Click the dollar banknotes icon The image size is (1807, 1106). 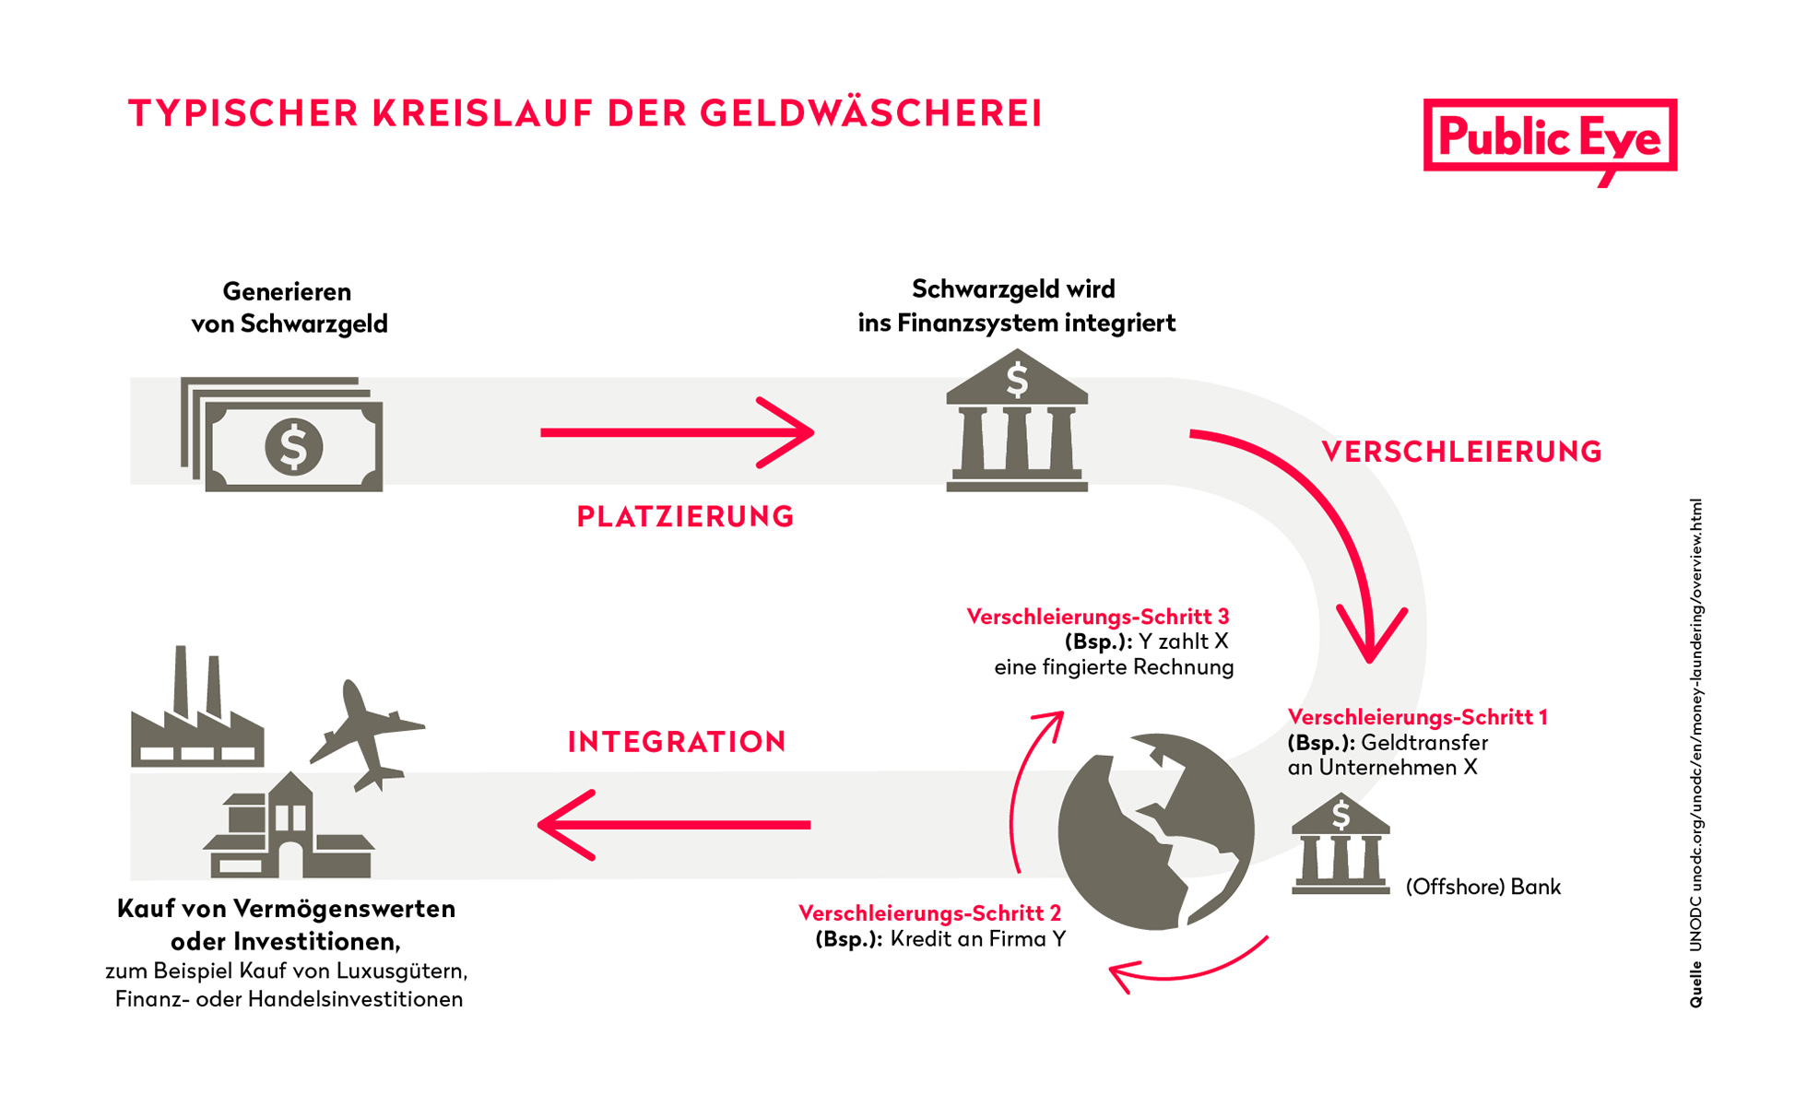point(282,433)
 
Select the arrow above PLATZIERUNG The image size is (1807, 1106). point(678,432)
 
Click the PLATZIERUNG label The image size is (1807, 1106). point(685,516)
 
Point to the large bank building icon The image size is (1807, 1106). point(1017,420)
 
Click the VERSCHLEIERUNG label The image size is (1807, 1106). point(1461,452)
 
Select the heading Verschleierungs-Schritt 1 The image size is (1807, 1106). point(1417,717)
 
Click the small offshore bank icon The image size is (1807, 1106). point(1340,843)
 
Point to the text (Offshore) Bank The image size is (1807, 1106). point(1482,887)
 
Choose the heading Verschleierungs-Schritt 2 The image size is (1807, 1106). point(929,913)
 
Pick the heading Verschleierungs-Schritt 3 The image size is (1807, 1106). point(1097,617)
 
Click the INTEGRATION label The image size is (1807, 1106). point(677,742)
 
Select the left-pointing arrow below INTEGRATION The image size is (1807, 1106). point(674,825)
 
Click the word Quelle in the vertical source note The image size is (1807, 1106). point(1696,984)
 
